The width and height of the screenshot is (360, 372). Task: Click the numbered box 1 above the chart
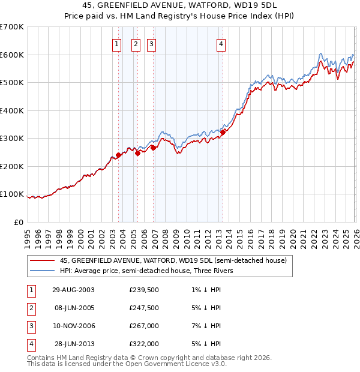116,43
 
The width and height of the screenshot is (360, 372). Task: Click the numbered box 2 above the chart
135,43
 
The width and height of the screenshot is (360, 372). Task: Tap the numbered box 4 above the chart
221,43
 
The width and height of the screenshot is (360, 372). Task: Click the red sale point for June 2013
223,132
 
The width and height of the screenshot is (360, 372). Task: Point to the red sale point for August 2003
118,155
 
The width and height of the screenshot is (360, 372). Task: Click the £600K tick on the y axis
11,55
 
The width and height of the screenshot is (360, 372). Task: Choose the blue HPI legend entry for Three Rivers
150,271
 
